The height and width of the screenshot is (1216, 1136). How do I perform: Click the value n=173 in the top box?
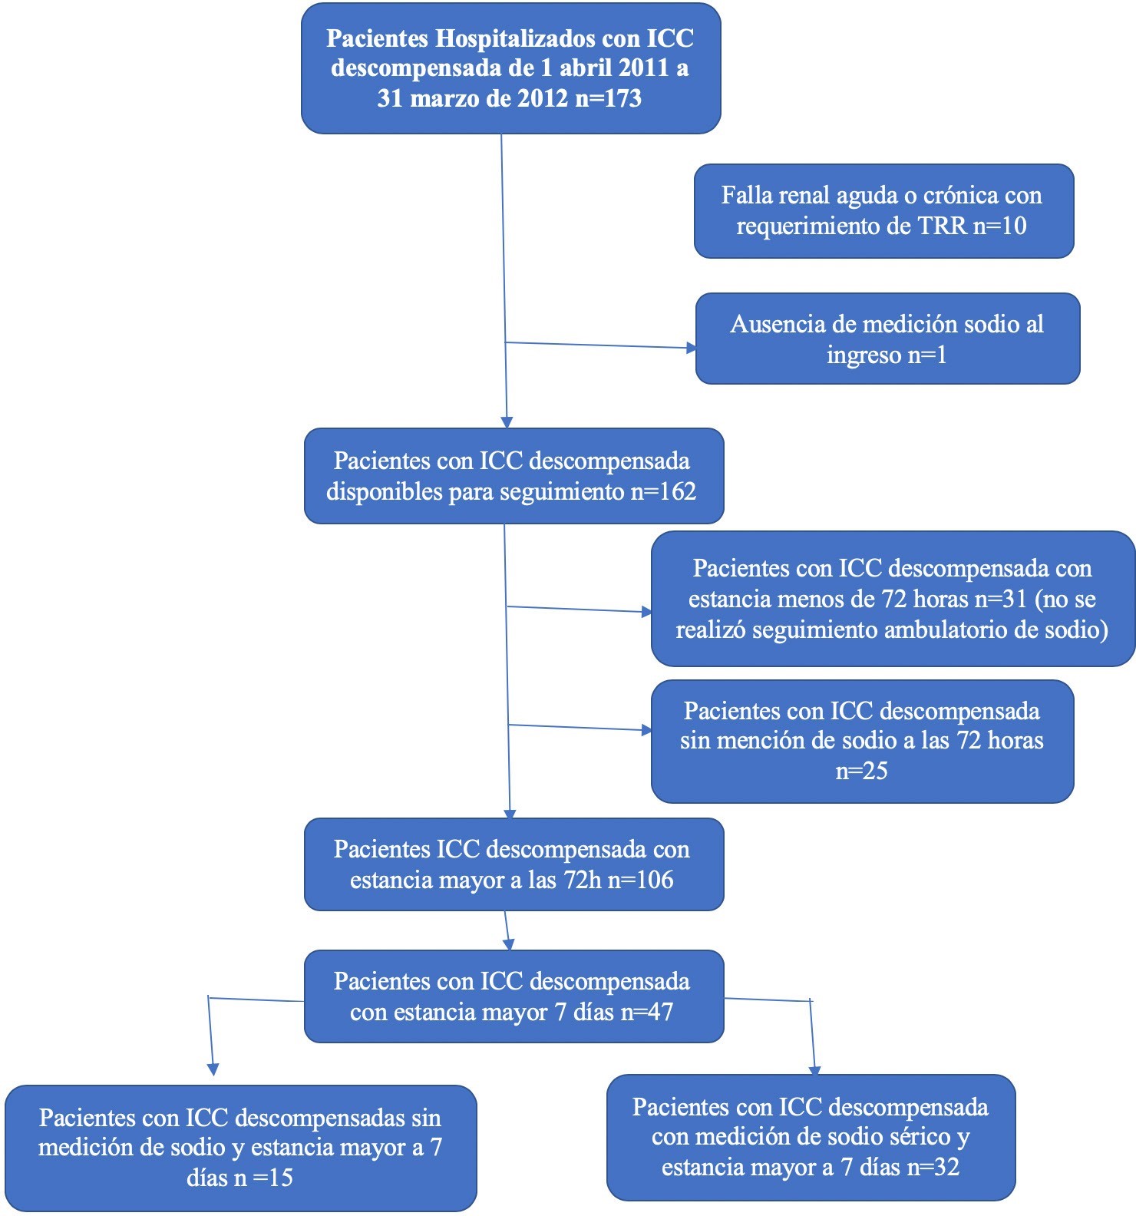tap(604, 98)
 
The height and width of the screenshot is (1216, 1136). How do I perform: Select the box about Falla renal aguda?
tap(883, 210)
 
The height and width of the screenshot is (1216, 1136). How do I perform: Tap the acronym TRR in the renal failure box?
tap(943, 226)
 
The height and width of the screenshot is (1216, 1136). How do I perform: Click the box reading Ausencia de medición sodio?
tap(887, 339)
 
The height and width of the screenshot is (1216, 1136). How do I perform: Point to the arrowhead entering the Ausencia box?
tap(691, 349)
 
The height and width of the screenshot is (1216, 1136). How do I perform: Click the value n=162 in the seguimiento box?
tap(663, 491)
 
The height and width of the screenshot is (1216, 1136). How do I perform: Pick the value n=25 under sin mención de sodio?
tap(861, 771)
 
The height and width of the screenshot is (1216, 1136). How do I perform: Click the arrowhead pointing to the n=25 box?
tap(646, 730)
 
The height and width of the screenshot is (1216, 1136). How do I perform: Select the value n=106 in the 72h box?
tap(640, 880)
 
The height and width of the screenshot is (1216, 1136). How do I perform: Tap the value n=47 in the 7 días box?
tap(646, 1012)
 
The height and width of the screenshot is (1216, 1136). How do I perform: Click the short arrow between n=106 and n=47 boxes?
tap(507, 930)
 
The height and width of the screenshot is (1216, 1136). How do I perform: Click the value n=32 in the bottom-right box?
tap(933, 1167)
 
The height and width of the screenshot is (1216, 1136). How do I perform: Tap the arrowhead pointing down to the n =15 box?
tap(213, 1069)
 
